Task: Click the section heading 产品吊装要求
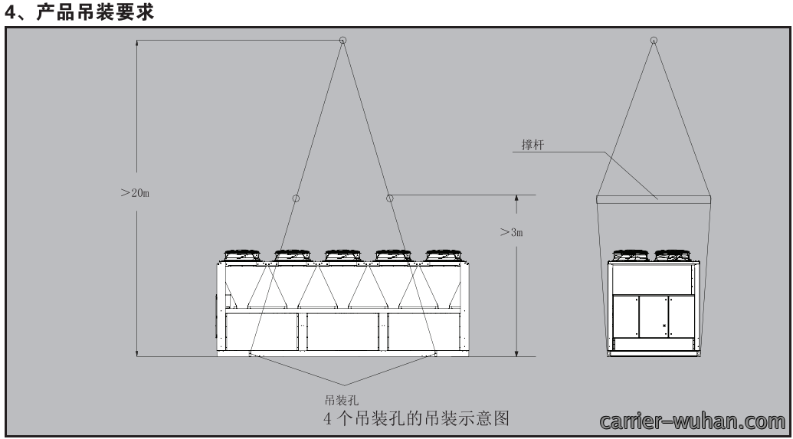[95, 11]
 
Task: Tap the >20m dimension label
[135, 193]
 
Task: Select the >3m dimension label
[511, 232]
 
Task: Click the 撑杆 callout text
[533, 145]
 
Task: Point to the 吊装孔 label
[342, 401]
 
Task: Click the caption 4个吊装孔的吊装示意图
[416, 418]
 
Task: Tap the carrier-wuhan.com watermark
[693, 421]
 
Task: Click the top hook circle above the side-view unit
[342, 40]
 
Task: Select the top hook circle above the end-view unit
[654, 40]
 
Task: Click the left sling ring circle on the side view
[296, 198]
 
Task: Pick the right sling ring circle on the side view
[389, 198]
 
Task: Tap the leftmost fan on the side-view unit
[242, 255]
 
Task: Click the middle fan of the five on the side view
[343, 255]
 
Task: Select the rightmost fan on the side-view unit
[444, 255]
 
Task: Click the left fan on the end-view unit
[631, 255]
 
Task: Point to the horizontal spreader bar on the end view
[654, 200]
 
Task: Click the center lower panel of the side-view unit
[343, 332]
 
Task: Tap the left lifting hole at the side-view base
[250, 355]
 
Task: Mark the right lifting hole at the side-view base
[435, 355]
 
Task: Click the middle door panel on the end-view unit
[654, 316]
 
